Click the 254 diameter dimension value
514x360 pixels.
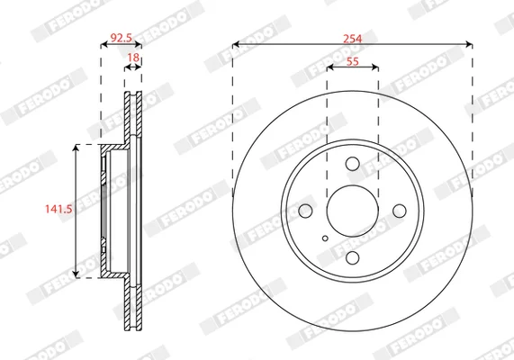[352, 39]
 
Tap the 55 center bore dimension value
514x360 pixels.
[353, 61]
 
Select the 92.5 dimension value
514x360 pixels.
[122, 38]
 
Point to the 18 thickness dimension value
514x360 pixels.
[133, 58]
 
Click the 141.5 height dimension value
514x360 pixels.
[59, 209]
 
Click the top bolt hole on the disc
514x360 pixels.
[352, 164]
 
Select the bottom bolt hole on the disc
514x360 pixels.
[352, 258]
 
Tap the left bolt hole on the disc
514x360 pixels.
[305, 211]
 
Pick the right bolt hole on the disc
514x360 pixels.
[400, 211]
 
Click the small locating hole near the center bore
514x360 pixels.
[325, 238]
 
